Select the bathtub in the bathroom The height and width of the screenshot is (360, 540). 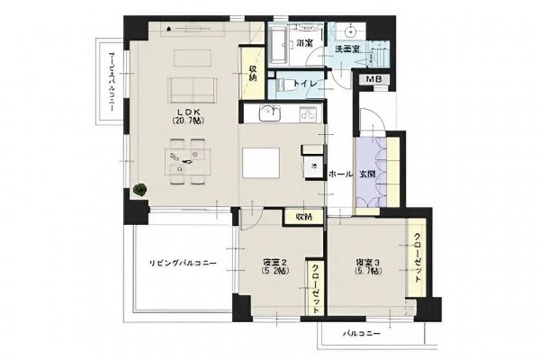click(x=279, y=42)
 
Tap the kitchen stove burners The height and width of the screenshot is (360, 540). click(x=308, y=113)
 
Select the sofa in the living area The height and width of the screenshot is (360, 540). click(x=193, y=89)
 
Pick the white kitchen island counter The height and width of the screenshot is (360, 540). click(x=262, y=165)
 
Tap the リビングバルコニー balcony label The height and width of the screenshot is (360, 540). click(x=184, y=262)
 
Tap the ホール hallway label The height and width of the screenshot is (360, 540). click(x=340, y=174)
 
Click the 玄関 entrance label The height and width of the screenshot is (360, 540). click(x=368, y=174)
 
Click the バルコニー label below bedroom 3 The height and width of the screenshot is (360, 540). click(x=362, y=333)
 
